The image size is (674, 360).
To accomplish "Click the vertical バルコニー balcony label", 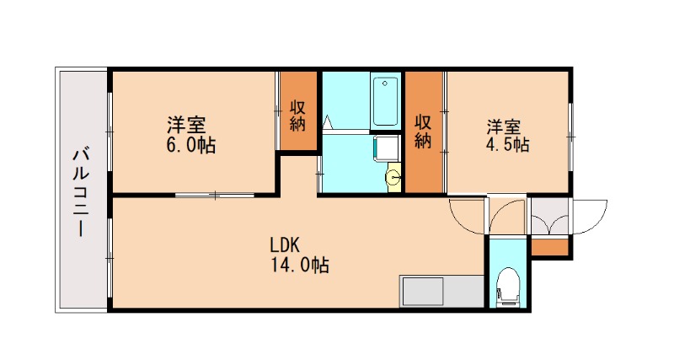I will (x=82, y=192).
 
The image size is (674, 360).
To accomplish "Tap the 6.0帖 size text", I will (x=191, y=146).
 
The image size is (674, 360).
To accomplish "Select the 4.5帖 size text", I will (x=507, y=146).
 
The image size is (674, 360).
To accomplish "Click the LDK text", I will (x=286, y=245).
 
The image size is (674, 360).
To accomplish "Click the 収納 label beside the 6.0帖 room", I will (x=297, y=115).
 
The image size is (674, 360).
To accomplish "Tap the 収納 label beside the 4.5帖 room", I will (x=423, y=131).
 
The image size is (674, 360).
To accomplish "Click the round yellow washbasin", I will (x=393, y=178).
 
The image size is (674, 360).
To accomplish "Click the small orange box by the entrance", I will (x=550, y=248).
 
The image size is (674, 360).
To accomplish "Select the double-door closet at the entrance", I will (x=549, y=218).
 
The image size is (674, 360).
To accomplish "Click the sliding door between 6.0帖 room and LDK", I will (x=215, y=196).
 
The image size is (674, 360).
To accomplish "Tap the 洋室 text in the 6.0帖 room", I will (x=186, y=126).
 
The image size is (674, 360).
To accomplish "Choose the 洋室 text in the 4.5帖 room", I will (x=503, y=127).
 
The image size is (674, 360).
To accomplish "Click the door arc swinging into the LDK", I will (x=468, y=217).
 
